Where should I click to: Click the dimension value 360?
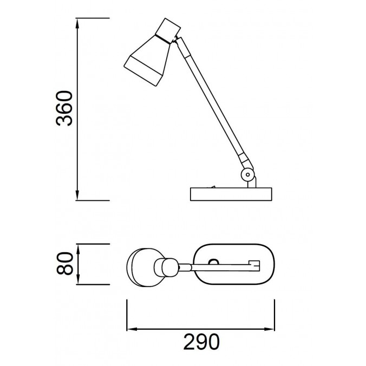pos(65,109)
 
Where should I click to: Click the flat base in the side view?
pos(231,194)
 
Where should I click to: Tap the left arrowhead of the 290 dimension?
pos(130,328)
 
